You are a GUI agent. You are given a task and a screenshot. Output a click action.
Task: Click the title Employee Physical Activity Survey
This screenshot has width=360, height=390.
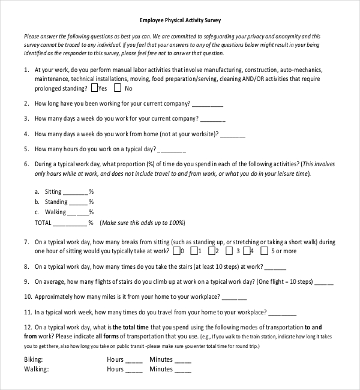180,20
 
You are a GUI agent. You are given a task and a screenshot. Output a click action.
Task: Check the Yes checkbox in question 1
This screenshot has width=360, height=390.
94,88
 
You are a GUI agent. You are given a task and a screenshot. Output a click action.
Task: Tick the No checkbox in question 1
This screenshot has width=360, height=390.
118,88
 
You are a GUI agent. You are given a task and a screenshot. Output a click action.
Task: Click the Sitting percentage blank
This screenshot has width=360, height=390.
76,193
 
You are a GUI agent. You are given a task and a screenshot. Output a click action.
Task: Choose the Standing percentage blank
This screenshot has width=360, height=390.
78,203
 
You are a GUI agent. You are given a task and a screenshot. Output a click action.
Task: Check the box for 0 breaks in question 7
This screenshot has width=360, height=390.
176,250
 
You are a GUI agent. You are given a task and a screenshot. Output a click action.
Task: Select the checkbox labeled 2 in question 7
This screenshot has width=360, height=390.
212,250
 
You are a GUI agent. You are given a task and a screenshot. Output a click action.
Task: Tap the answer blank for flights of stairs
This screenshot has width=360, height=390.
323,282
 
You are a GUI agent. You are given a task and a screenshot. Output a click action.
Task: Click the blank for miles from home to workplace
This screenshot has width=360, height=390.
235,298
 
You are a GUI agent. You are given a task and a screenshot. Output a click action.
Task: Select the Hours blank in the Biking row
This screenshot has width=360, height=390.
134,361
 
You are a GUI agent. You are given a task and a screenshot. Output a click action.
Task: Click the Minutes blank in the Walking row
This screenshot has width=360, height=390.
182,370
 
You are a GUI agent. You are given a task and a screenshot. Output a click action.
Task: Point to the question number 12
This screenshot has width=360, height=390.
28,327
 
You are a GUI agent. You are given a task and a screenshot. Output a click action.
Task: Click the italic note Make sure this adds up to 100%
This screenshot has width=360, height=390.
143,223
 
